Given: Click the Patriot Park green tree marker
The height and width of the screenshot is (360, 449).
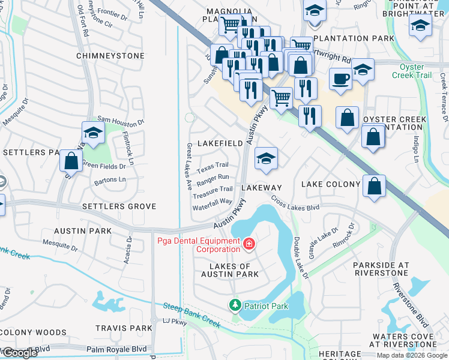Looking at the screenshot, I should coord(235,306).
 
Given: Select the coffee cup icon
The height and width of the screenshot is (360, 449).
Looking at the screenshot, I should coord(340,79).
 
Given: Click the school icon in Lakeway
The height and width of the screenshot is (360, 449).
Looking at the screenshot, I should coord(266,158).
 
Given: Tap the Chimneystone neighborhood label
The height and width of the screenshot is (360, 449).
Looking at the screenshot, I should coord(110,56).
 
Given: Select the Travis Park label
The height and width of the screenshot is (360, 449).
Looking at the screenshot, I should coord(124,328).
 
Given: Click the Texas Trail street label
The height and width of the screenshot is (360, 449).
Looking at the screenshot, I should coord(212,165).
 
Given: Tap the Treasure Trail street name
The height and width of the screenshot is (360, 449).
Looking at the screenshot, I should coord(212,189).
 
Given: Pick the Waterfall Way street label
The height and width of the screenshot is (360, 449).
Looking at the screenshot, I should coord(212,202).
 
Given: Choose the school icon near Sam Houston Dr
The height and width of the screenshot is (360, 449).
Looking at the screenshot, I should coord(93,133).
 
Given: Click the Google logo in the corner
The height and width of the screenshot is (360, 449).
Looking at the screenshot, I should coord(20,353).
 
